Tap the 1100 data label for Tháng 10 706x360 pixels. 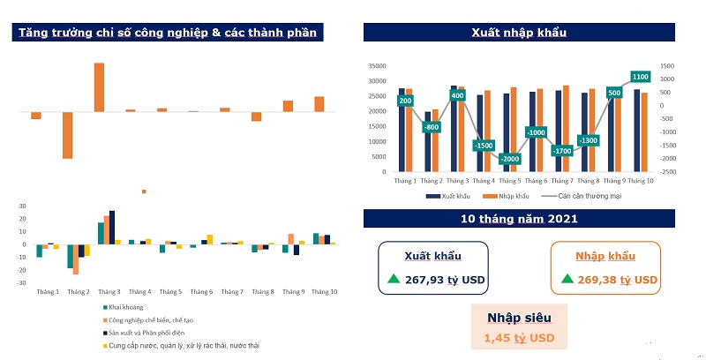point(641,78)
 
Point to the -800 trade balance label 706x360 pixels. point(432,127)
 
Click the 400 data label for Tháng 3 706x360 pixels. point(457,95)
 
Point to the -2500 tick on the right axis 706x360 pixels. point(669,172)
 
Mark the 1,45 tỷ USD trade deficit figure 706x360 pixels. point(519,338)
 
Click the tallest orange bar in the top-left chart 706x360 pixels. point(99,87)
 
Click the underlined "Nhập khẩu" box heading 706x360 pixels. point(604,256)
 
